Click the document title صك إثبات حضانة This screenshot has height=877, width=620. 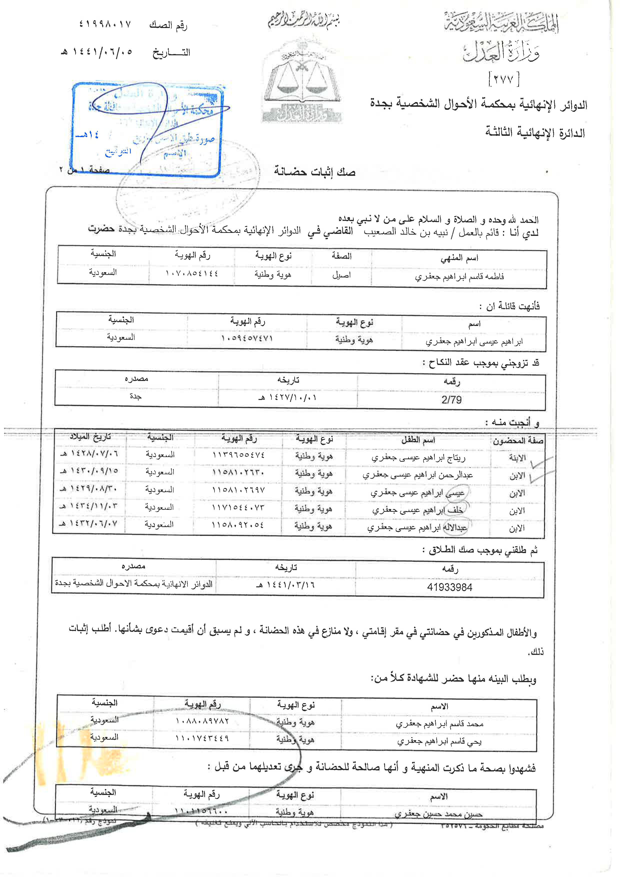[314, 172]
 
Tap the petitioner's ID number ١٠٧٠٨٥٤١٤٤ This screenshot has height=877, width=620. [192, 273]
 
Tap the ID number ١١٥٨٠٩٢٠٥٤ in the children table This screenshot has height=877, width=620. [238, 525]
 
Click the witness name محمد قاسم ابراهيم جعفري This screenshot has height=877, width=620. [439, 724]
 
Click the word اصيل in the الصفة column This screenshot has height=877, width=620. [341, 275]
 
